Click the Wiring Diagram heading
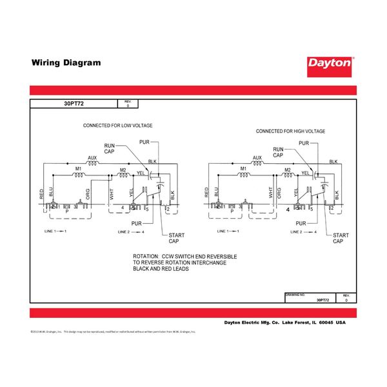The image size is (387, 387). [x=66, y=63]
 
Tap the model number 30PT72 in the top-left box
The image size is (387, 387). [x=74, y=103]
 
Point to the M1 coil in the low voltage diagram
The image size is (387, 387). [x=79, y=175]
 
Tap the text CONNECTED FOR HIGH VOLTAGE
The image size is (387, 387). [x=290, y=131]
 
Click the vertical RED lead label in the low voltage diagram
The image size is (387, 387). [x=42, y=192]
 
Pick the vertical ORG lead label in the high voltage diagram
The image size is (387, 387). [x=279, y=192]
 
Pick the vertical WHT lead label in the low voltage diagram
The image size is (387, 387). [x=112, y=192]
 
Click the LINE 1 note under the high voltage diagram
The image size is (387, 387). [x=221, y=231]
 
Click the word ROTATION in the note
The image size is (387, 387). [x=146, y=257]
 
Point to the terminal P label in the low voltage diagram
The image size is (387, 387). [x=68, y=211]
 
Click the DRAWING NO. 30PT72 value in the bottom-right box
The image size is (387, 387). [x=322, y=301]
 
